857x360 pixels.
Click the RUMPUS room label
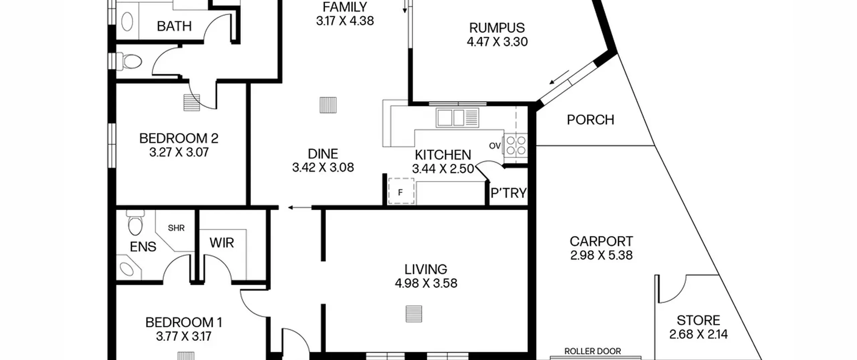click(x=497, y=28)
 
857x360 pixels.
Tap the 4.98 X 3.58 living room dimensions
click(x=426, y=283)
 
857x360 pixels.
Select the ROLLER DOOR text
click(x=593, y=351)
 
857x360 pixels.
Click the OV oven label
click(x=495, y=146)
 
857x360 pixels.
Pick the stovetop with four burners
click(x=516, y=145)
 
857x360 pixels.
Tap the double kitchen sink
click(x=457, y=118)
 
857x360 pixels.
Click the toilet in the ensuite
click(x=135, y=222)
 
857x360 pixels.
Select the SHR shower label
click(x=176, y=228)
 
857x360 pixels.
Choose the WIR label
click(x=222, y=243)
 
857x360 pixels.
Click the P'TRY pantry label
click(x=509, y=193)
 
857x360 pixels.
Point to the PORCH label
click(x=591, y=120)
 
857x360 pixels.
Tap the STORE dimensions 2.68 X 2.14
click(x=698, y=334)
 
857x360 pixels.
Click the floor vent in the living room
click(x=414, y=314)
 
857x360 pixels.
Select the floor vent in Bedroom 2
click(x=192, y=102)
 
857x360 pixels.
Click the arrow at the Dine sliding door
click(x=300, y=208)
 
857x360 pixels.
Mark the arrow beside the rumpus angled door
click(x=559, y=77)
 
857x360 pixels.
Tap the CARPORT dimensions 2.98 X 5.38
click(x=601, y=255)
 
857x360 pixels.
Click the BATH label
click(x=174, y=26)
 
